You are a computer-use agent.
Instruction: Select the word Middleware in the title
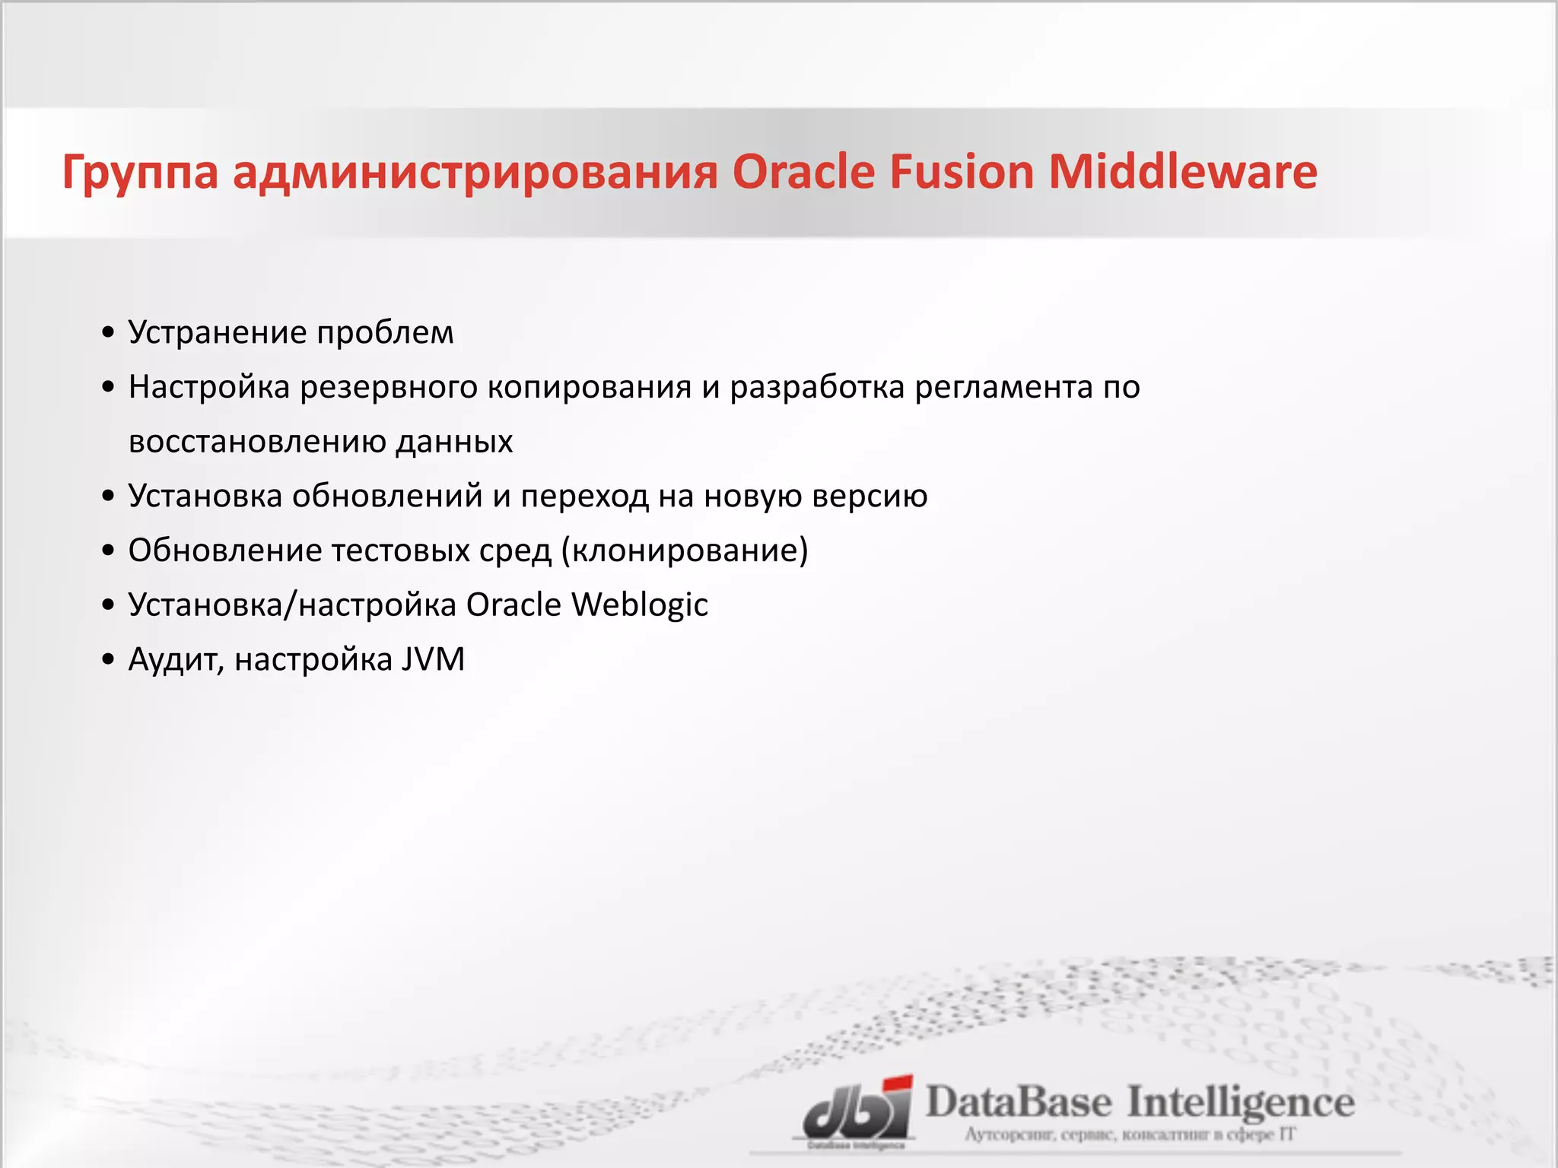click(x=1183, y=172)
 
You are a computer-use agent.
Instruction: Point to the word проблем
click(x=385, y=334)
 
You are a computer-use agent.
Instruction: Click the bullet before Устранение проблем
click(x=108, y=334)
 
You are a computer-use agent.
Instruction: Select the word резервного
click(x=388, y=388)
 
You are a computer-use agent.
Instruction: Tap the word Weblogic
click(x=640, y=605)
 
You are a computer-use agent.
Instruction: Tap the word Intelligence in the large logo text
click(x=1240, y=1103)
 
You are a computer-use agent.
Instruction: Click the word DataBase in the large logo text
click(x=1018, y=1103)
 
